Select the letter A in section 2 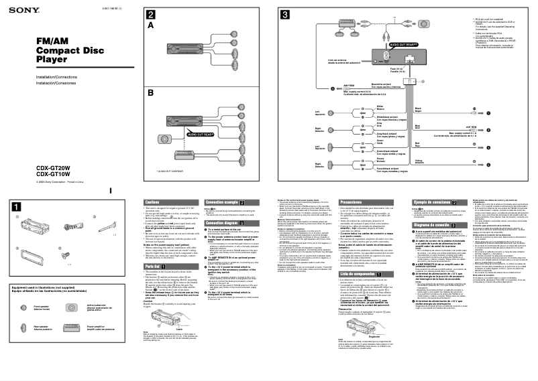click(x=151, y=25)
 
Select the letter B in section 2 click(x=151, y=94)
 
